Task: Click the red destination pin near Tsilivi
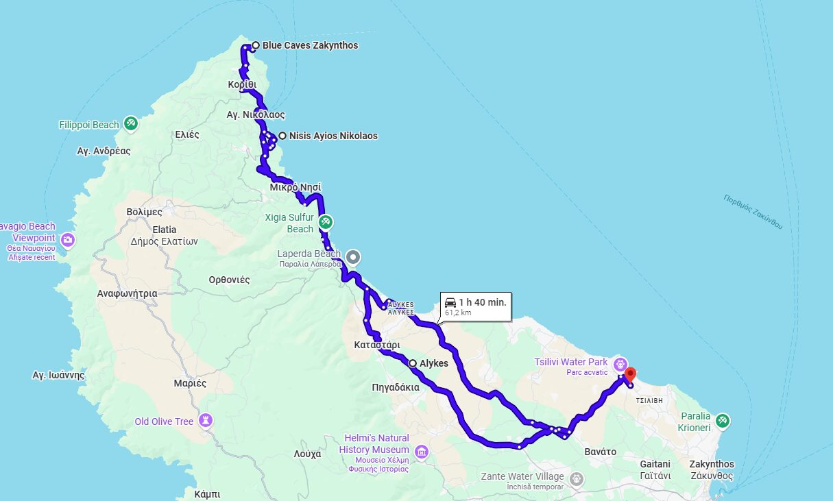click(x=630, y=374)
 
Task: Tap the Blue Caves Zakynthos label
click(x=310, y=46)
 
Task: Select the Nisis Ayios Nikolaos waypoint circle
click(x=282, y=136)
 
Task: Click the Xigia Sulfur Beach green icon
click(x=326, y=222)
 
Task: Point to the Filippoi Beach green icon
click(x=130, y=124)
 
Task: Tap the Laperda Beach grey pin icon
click(x=352, y=257)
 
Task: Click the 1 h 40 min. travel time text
click(x=483, y=302)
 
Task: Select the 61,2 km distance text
click(x=458, y=313)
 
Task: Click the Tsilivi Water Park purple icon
click(x=620, y=363)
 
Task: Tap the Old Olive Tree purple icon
click(x=205, y=419)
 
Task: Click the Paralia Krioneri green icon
click(x=722, y=420)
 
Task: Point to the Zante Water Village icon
click(x=577, y=477)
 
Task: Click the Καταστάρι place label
click(x=377, y=344)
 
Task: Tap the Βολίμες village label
click(x=144, y=212)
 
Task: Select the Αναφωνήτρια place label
click(x=127, y=293)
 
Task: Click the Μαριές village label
click(x=190, y=383)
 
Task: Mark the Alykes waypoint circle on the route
click(x=412, y=363)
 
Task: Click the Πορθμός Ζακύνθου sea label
click(x=752, y=211)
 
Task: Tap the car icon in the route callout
click(x=450, y=302)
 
